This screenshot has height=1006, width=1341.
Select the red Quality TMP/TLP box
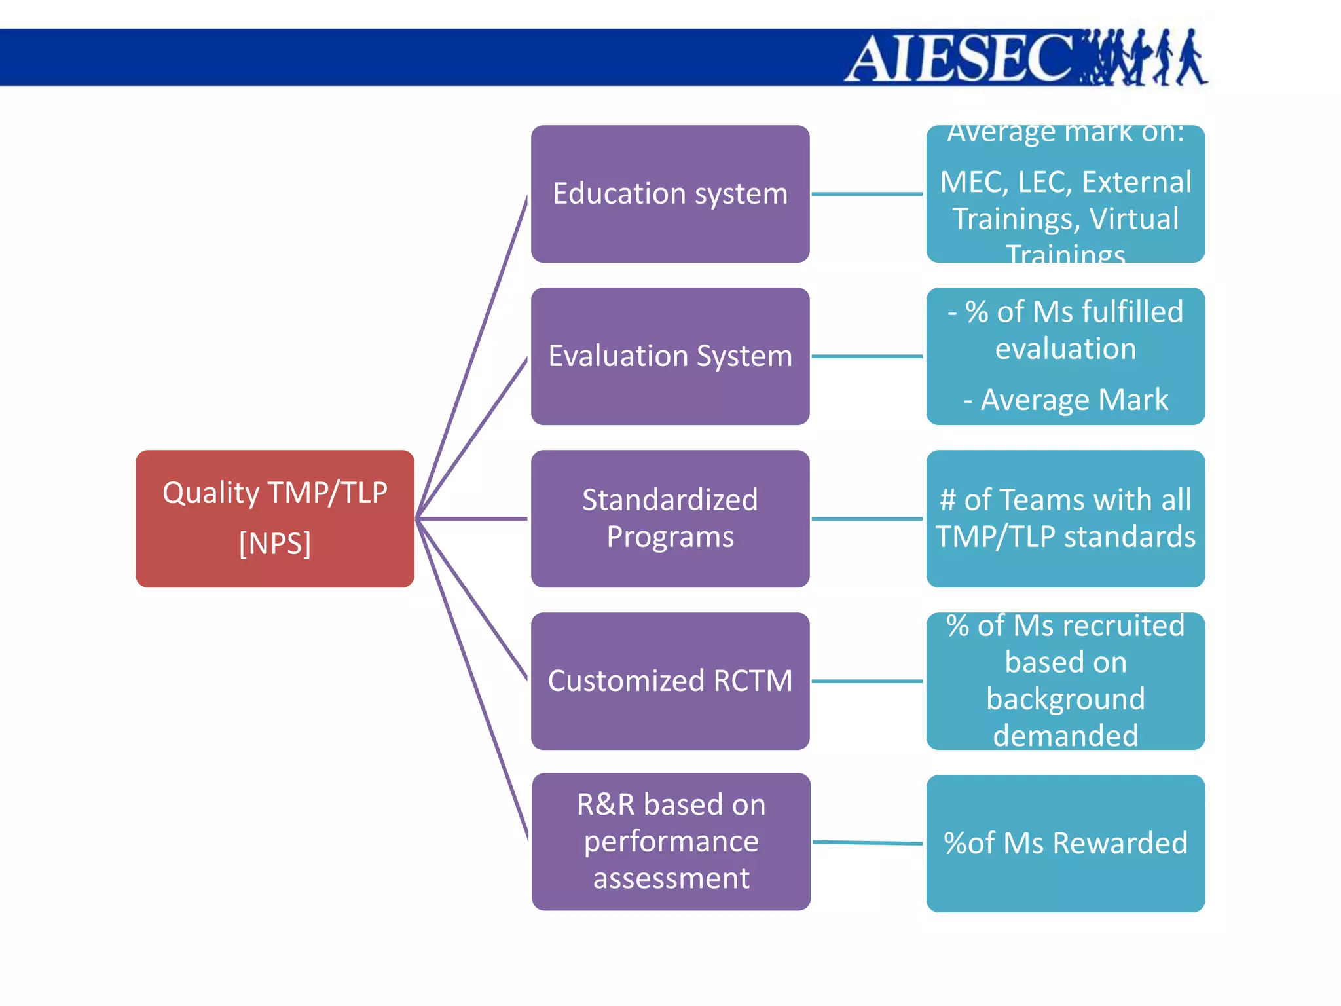point(275,518)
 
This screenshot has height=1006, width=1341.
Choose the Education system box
point(670,194)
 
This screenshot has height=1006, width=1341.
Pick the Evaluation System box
point(670,356)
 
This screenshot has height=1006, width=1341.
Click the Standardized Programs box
point(670,518)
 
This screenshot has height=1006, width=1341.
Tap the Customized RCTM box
point(670,680)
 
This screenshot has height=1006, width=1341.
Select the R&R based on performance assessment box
point(671,842)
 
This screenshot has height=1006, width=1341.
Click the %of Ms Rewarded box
point(1065,844)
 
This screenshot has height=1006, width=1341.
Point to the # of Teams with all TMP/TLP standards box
point(1065,518)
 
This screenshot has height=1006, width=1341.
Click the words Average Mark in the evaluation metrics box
point(1074,400)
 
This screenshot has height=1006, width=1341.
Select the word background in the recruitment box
point(1065,699)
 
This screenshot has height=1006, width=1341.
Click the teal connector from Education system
point(867,194)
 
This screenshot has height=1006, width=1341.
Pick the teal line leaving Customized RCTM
point(867,681)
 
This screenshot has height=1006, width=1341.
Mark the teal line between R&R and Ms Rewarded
point(867,843)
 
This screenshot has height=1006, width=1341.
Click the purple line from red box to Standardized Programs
point(471,519)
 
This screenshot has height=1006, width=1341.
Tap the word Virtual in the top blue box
point(1134,219)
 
